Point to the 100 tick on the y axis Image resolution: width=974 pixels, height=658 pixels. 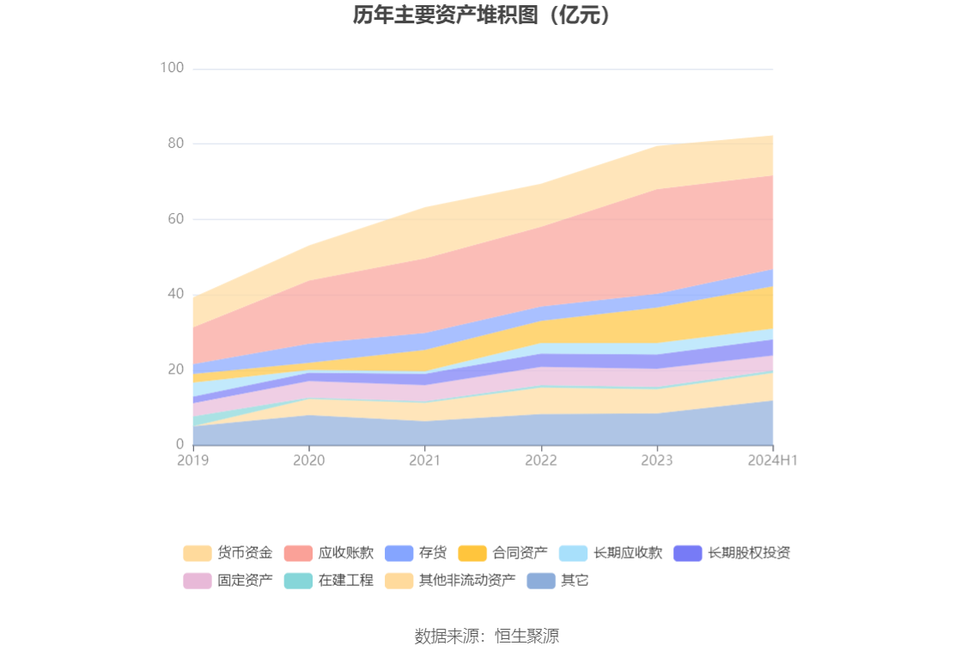[x=173, y=68]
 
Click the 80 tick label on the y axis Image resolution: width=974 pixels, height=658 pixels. [x=175, y=143]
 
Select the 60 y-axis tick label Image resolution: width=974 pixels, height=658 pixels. [x=175, y=219]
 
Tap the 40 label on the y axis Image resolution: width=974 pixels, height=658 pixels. [x=175, y=294]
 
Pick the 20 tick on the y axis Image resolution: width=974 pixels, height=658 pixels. [x=175, y=369]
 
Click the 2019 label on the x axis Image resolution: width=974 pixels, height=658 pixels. [x=193, y=460]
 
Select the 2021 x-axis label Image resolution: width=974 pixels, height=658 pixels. [x=425, y=460]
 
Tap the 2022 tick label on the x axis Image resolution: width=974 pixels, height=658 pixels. [x=541, y=460]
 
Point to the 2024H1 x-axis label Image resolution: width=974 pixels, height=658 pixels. [x=773, y=460]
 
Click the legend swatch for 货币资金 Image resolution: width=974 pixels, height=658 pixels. [x=198, y=553]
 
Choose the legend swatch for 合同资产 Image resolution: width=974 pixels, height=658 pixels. [x=472, y=553]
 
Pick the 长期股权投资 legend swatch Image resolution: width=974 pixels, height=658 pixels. [x=688, y=553]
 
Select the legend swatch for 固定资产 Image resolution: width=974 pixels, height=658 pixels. [x=198, y=581]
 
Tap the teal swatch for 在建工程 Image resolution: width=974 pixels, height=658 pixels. [x=298, y=581]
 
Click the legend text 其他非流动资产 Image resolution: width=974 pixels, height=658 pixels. [x=467, y=581]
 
